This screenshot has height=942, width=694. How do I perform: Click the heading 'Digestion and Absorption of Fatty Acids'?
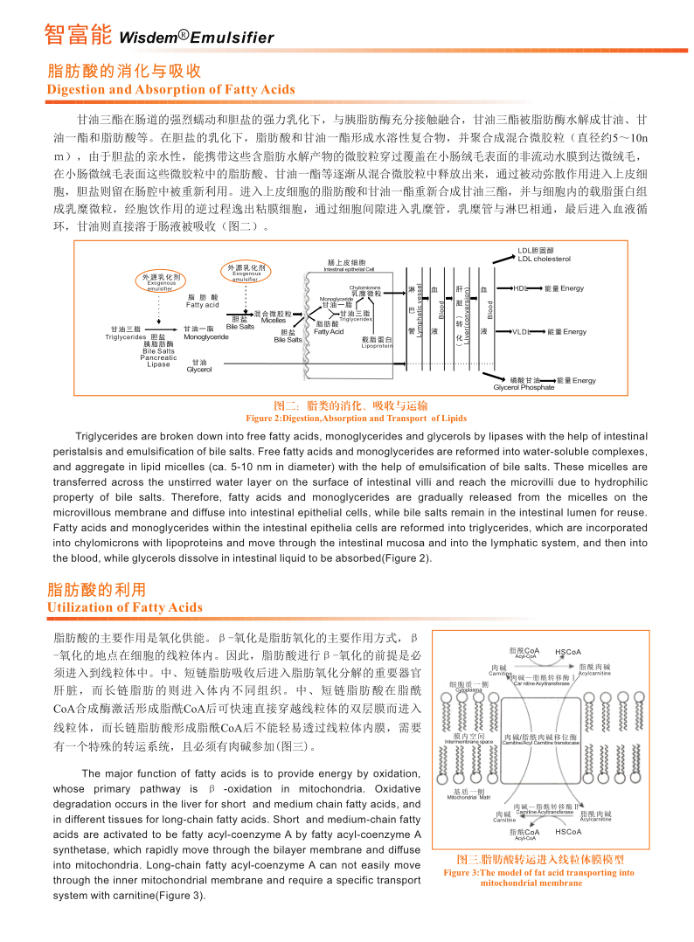pos(170,89)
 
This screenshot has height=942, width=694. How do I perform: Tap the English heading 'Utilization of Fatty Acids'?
pos(124,607)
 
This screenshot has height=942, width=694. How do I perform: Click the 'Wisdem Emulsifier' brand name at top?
pos(196,38)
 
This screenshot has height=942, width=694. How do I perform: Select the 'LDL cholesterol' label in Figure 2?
pos(544,259)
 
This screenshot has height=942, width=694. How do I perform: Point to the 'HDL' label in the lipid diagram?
pos(520,287)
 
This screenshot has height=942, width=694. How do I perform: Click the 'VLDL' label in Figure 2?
pos(522,332)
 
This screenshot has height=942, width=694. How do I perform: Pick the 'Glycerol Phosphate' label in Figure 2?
pos(524,387)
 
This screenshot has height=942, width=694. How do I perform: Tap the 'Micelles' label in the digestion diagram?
pos(274,320)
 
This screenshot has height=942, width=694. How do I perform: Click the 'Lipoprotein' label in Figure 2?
pos(377,346)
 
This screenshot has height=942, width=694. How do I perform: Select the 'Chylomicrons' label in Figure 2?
pos(365,287)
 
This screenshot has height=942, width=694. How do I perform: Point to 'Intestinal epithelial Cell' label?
pos(349,269)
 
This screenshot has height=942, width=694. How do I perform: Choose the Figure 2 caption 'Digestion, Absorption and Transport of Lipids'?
pos(350,419)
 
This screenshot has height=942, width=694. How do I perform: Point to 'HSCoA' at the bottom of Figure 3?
pos(568,832)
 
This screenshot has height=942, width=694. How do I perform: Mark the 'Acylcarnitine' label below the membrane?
pos(595,819)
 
